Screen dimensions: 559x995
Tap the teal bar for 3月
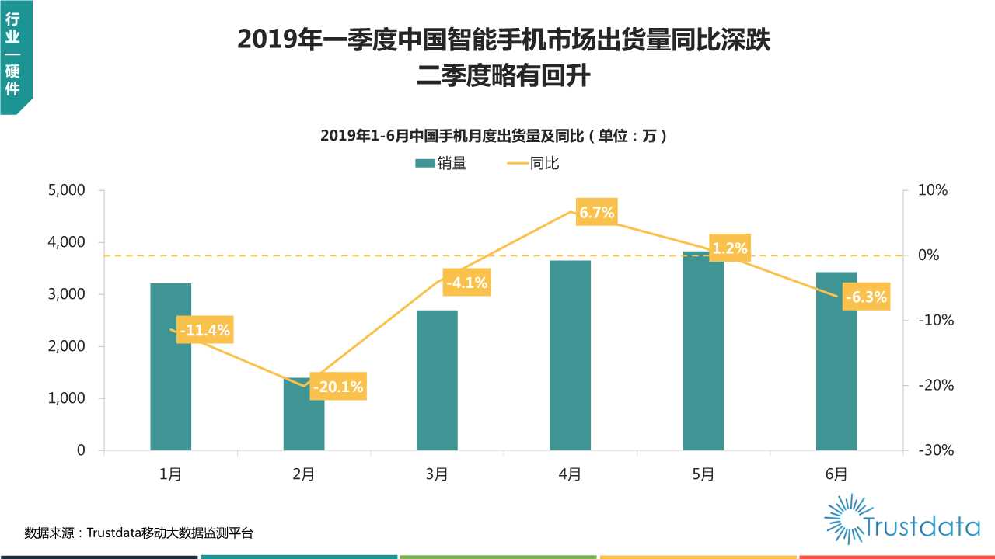tap(437, 380)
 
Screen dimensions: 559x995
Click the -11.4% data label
tap(204, 330)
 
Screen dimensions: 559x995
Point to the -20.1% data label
tap(337, 386)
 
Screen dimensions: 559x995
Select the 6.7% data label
tap(596, 213)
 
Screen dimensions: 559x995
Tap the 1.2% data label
tap(729, 248)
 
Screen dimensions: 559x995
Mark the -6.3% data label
tap(865, 297)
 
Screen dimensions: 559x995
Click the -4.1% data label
tap(466, 283)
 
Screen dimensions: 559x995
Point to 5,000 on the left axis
tap(70, 190)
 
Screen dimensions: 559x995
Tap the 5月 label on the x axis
tap(703, 474)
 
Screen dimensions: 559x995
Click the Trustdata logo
tap(902, 519)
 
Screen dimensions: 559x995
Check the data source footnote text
tap(139, 533)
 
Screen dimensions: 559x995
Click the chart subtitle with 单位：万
tap(494, 136)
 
